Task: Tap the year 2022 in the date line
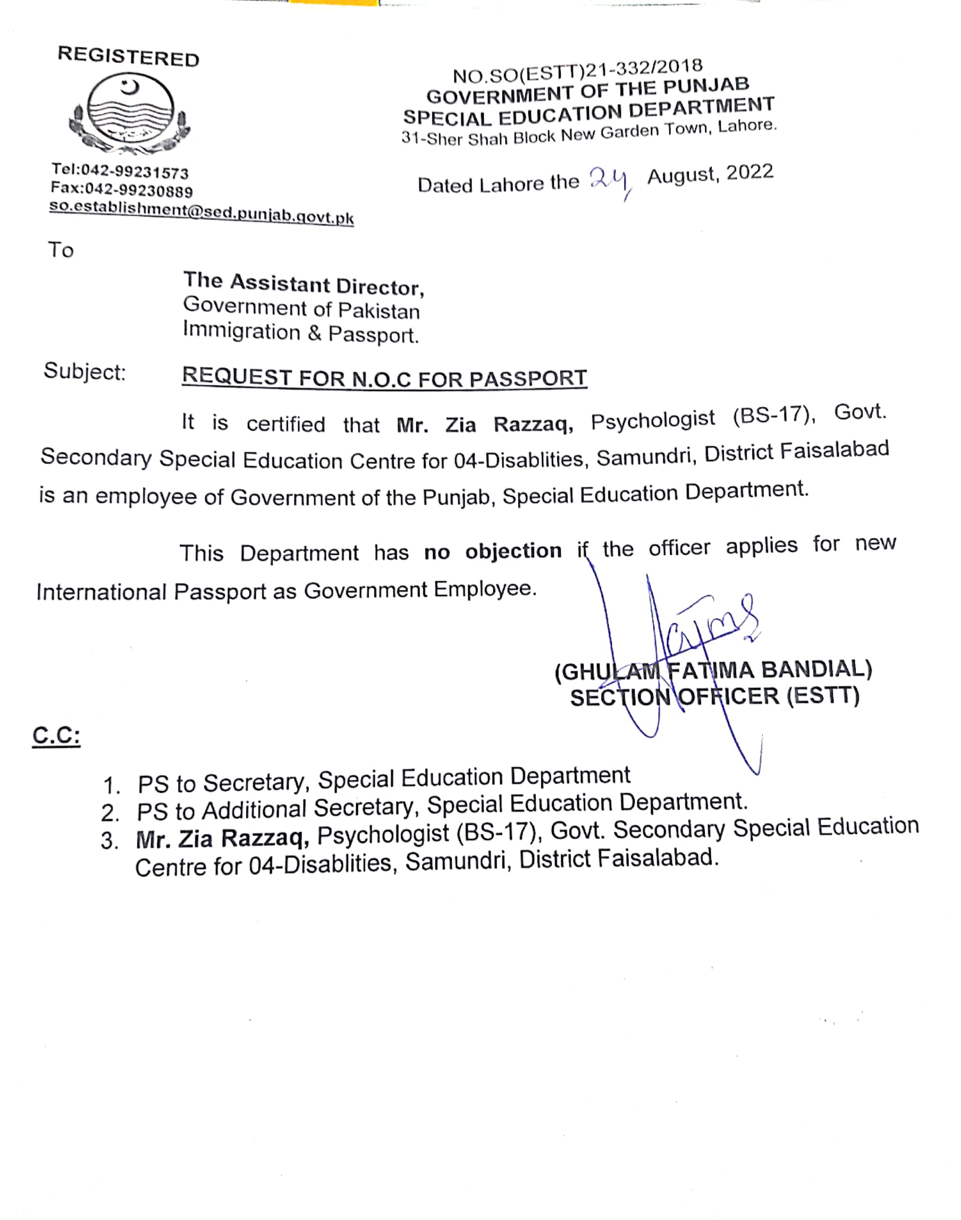(x=749, y=172)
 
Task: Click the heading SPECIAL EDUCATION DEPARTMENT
(x=589, y=111)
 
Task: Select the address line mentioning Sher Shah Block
(x=589, y=133)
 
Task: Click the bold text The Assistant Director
(x=304, y=284)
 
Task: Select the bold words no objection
(x=492, y=551)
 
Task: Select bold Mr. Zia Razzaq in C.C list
(x=222, y=838)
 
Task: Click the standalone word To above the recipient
(x=61, y=250)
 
